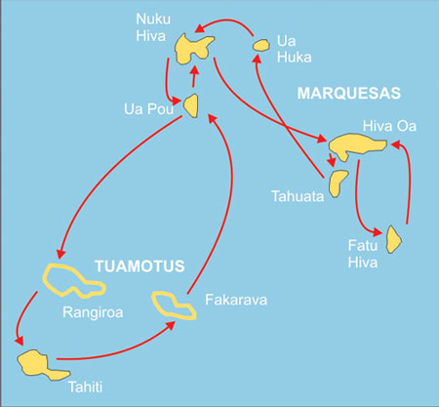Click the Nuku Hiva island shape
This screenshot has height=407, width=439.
[x=188, y=50]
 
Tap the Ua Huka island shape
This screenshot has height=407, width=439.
[x=261, y=45]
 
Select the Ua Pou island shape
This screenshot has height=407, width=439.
[x=192, y=105]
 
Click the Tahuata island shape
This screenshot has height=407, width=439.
[x=337, y=183]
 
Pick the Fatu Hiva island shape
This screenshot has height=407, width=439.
[x=393, y=240]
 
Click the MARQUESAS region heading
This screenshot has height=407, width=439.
[x=348, y=94]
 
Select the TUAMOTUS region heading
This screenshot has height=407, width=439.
[x=140, y=266]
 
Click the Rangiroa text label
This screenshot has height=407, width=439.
[x=93, y=312]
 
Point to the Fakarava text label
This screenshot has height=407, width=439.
[x=236, y=300]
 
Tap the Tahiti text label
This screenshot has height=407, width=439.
[x=86, y=387]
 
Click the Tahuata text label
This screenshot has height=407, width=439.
[x=298, y=196]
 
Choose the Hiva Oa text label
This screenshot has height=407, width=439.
[x=389, y=126]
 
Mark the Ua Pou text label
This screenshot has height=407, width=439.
[x=148, y=109]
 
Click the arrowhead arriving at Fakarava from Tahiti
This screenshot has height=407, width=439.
[x=171, y=325]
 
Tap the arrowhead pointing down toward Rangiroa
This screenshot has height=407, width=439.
[x=60, y=254]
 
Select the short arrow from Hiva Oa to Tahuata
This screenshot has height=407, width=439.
[x=332, y=160]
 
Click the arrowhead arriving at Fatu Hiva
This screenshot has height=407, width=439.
[x=378, y=232]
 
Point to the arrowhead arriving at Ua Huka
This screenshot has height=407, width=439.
[x=258, y=59]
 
